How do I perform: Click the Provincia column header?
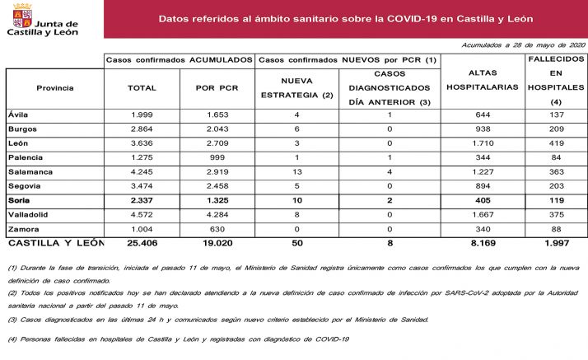55,87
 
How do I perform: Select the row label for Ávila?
18,115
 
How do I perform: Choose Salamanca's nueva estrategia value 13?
296,171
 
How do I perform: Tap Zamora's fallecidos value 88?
556,229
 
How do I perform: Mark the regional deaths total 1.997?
556,244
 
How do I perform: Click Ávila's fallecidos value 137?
556,115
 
